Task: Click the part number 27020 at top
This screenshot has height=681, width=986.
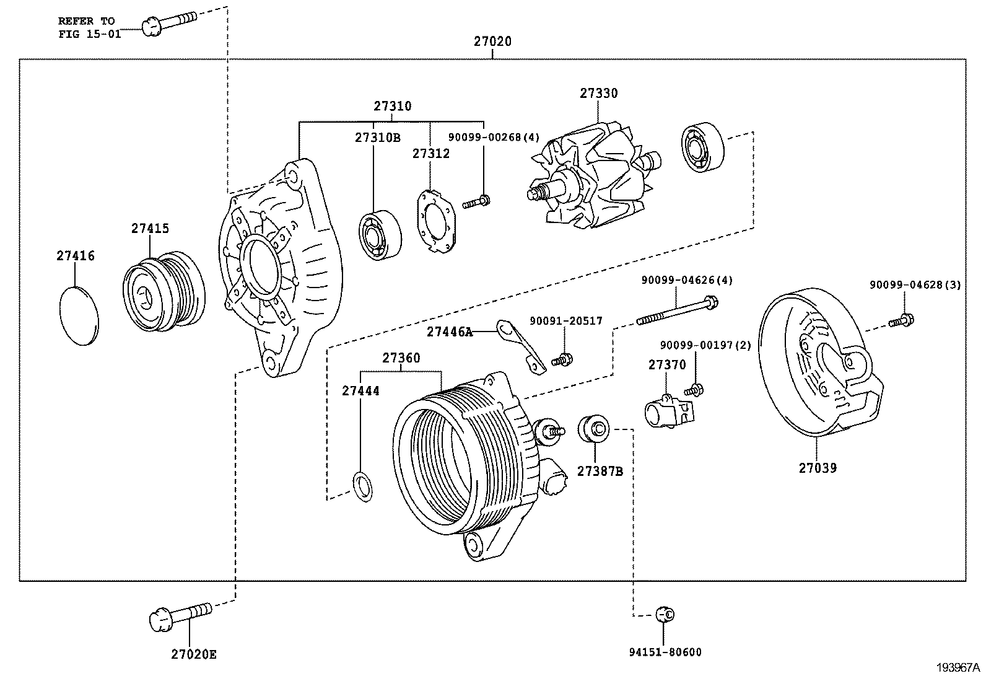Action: click(492, 42)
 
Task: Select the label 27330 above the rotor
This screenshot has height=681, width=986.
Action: click(598, 93)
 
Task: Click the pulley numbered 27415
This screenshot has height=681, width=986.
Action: click(164, 291)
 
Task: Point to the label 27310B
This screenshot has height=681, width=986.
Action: click(377, 138)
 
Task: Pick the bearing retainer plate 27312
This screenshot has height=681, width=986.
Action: click(435, 222)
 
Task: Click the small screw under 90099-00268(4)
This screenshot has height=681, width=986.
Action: click(476, 201)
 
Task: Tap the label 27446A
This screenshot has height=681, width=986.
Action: click(449, 332)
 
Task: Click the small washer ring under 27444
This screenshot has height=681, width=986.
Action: click(363, 485)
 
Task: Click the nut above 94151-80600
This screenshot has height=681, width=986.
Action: click(665, 614)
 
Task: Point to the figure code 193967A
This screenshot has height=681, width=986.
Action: click(958, 667)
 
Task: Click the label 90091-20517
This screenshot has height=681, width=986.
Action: click(565, 321)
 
